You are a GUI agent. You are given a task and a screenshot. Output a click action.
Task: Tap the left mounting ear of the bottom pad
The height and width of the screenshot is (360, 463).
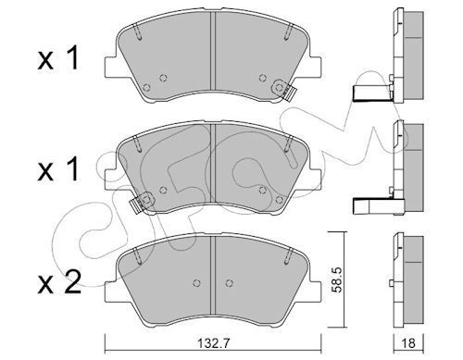110,273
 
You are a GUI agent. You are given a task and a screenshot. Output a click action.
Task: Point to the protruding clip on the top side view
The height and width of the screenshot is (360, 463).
371,93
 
